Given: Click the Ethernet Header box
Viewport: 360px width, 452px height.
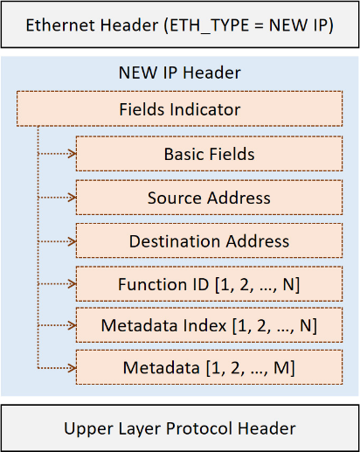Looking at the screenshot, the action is point(180,24).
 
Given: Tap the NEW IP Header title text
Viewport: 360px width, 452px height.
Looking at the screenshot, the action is point(180,73).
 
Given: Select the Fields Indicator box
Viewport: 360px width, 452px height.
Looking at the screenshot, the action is point(179,108).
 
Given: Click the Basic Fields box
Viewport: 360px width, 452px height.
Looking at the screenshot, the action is point(209,154).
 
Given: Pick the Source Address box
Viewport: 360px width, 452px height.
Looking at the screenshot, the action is point(209,198).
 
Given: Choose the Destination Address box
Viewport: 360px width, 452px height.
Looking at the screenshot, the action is point(209,240).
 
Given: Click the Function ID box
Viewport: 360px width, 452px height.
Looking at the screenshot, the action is point(209,283).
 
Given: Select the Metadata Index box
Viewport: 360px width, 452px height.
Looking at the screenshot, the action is point(209,324).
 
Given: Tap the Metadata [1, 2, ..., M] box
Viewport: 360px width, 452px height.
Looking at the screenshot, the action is point(209,367).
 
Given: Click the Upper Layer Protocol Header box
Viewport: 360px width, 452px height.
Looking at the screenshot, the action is point(180,428).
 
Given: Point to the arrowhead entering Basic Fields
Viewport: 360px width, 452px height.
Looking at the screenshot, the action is point(73,154).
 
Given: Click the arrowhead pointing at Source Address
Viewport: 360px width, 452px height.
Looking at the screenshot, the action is point(73,198).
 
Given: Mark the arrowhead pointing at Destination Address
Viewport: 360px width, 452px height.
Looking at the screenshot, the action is point(73,241).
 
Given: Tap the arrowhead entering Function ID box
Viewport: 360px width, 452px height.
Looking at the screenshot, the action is point(73,284).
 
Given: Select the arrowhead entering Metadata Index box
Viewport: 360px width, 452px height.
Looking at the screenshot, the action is point(73,325).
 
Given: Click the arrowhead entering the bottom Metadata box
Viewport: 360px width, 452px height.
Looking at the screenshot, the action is point(73,368).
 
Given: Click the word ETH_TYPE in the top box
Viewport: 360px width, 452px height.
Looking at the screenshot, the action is point(210,25).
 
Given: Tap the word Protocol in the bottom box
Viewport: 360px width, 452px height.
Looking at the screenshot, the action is point(199,428).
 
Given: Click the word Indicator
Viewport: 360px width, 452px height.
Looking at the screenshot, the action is point(205,109).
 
